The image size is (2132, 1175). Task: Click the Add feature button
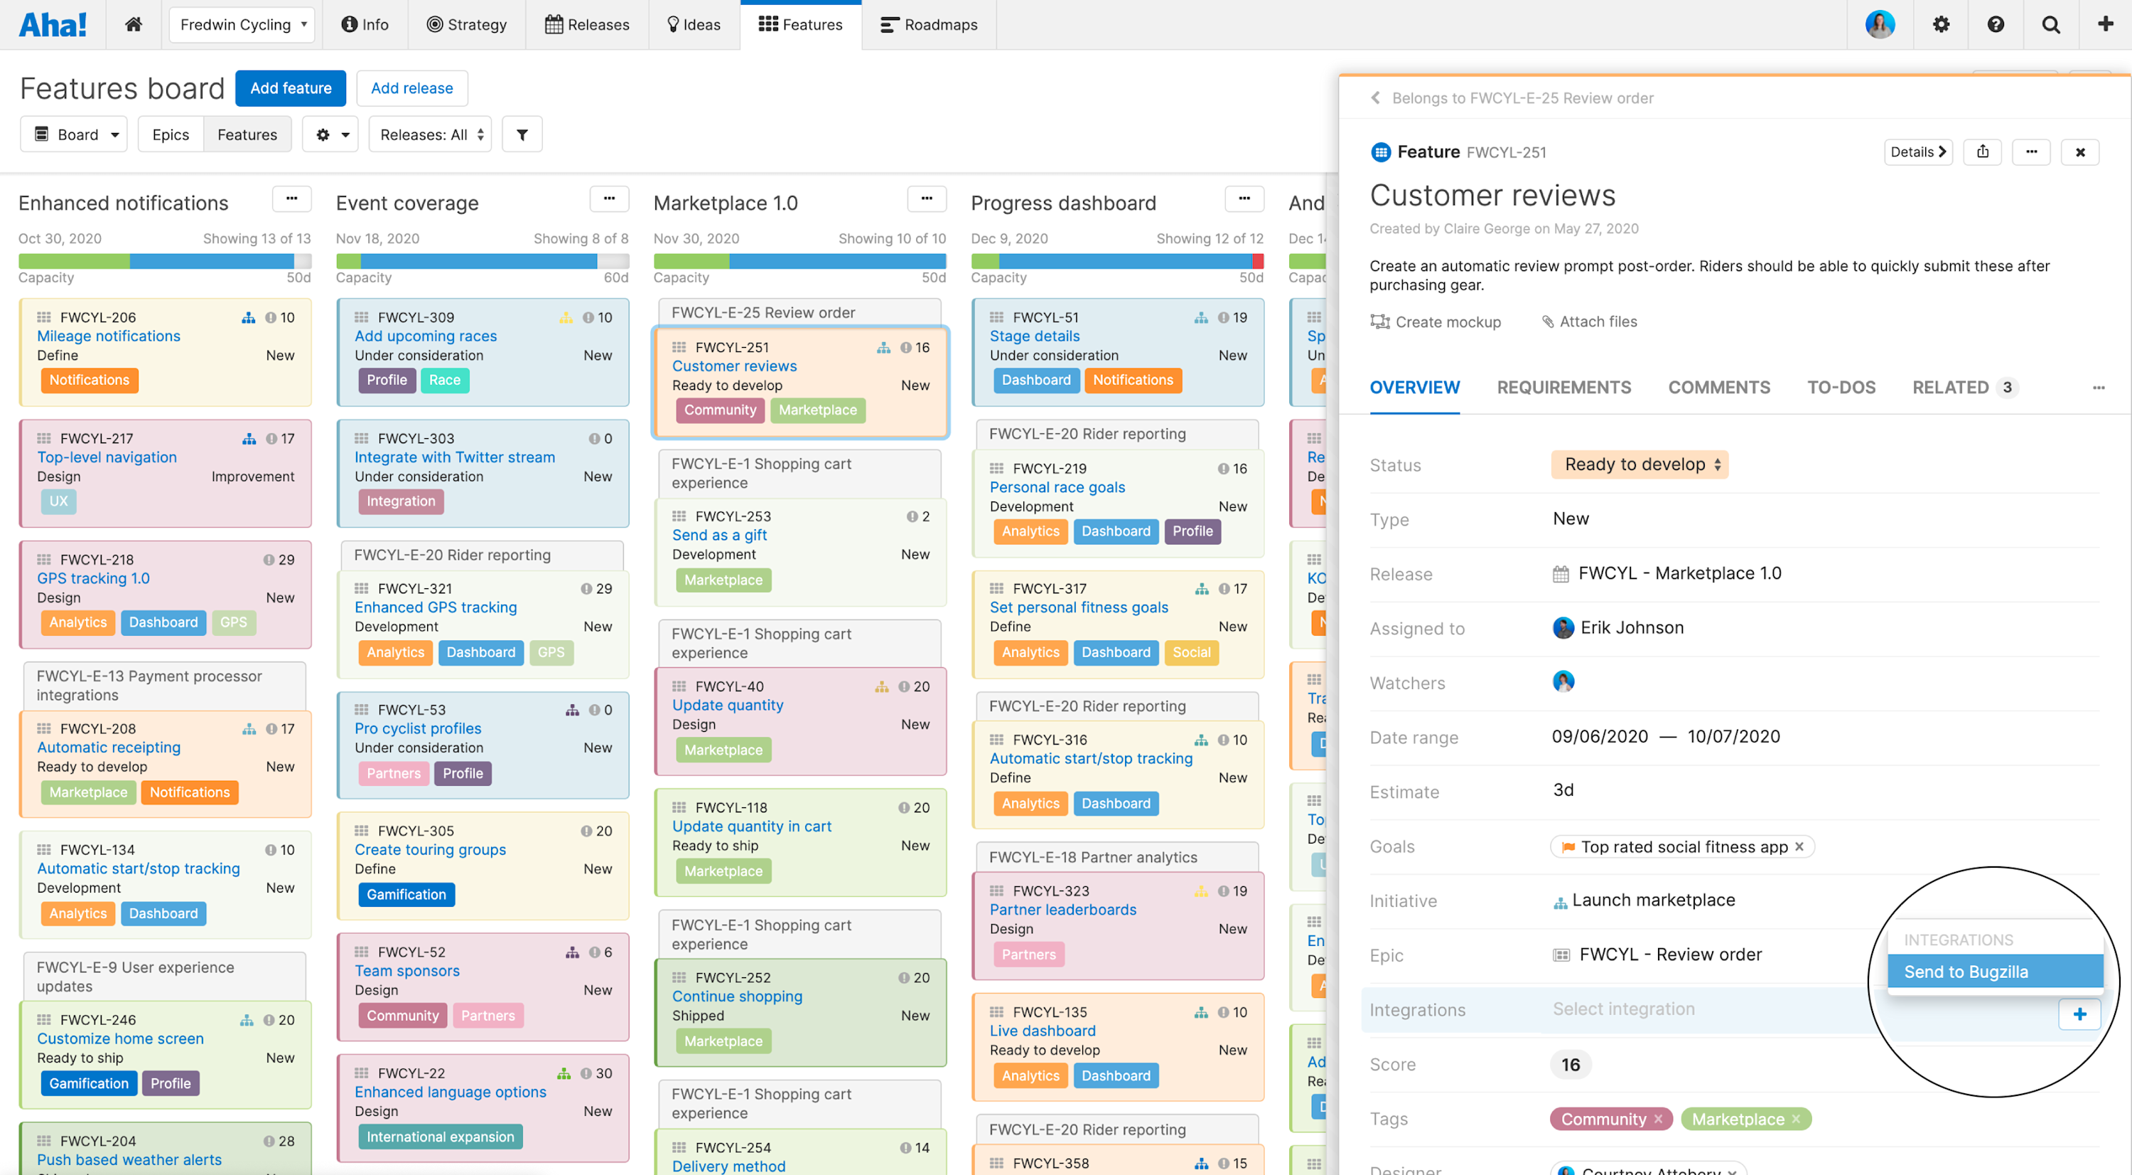[x=290, y=87]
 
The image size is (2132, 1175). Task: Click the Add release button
[x=411, y=87]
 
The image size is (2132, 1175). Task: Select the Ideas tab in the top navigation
[x=694, y=25]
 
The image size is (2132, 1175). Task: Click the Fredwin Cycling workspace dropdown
[x=242, y=25]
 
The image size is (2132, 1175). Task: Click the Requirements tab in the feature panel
[x=1563, y=387]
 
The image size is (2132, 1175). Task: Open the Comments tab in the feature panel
[x=1718, y=387]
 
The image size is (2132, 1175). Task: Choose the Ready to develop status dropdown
[x=1639, y=464]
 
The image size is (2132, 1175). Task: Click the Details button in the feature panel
[x=1917, y=151]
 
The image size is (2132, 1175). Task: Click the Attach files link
[x=1589, y=321]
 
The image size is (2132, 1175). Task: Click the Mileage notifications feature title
[x=109, y=336]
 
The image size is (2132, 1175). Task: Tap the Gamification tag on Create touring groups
[x=406, y=894]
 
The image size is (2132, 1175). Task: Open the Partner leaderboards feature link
[x=1062, y=909]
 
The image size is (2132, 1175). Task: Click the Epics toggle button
[x=171, y=134]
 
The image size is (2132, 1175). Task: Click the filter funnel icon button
[x=522, y=134]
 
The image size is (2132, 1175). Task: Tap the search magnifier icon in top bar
[x=2050, y=25]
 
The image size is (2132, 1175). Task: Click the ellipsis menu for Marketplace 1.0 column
[x=926, y=198]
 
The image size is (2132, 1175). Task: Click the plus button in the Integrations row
[x=2079, y=1014]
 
